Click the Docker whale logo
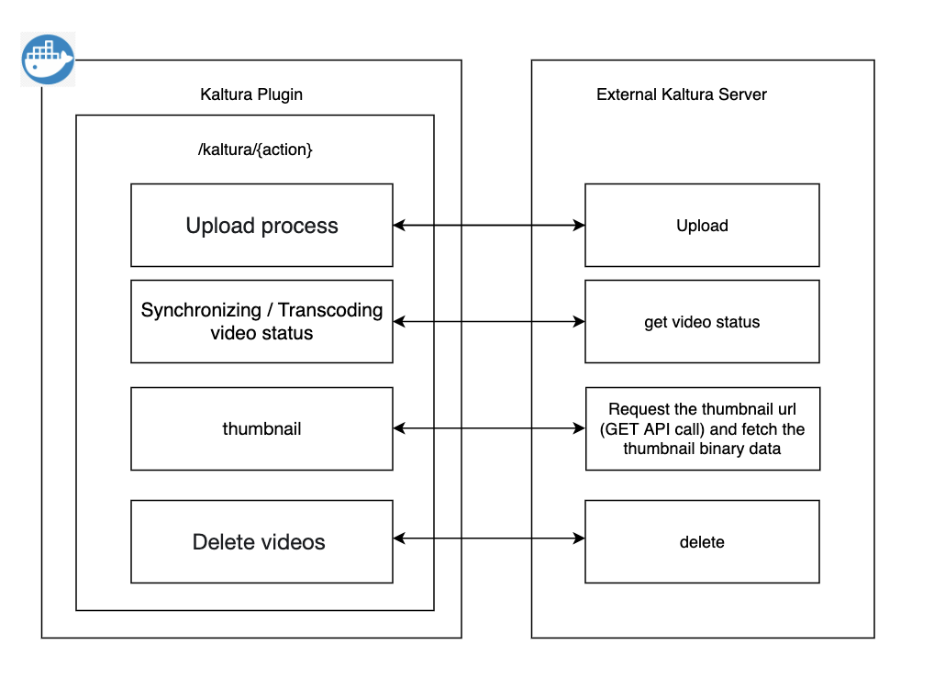(x=48, y=59)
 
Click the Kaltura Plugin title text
(x=251, y=94)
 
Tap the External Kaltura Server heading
(x=682, y=94)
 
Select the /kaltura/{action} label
(x=255, y=150)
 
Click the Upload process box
(x=261, y=226)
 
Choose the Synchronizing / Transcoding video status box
(x=261, y=321)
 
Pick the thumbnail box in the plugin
(x=261, y=428)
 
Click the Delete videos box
(x=261, y=542)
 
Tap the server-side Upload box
(x=702, y=226)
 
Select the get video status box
(x=702, y=322)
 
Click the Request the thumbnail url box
(x=702, y=428)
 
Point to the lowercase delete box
(x=702, y=542)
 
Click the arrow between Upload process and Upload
(x=489, y=225)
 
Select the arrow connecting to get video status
(x=489, y=321)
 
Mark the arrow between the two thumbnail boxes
(x=489, y=427)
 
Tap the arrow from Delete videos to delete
(x=489, y=539)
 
